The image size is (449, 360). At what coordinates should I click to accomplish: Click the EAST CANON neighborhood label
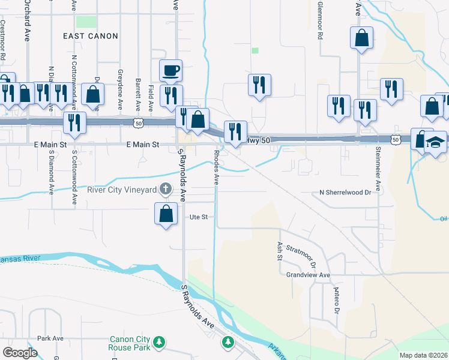(90, 36)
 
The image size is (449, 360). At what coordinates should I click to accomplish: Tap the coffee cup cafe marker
(170, 70)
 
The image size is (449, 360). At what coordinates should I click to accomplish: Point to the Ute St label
(199, 217)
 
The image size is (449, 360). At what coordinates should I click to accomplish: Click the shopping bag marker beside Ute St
(166, 214)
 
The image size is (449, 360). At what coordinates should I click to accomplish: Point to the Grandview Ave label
(309, 275)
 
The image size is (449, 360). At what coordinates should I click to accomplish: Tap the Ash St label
(280, 251)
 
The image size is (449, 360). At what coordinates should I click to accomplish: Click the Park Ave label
(50, 338)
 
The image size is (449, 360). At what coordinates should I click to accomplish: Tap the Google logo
(20, 352)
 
